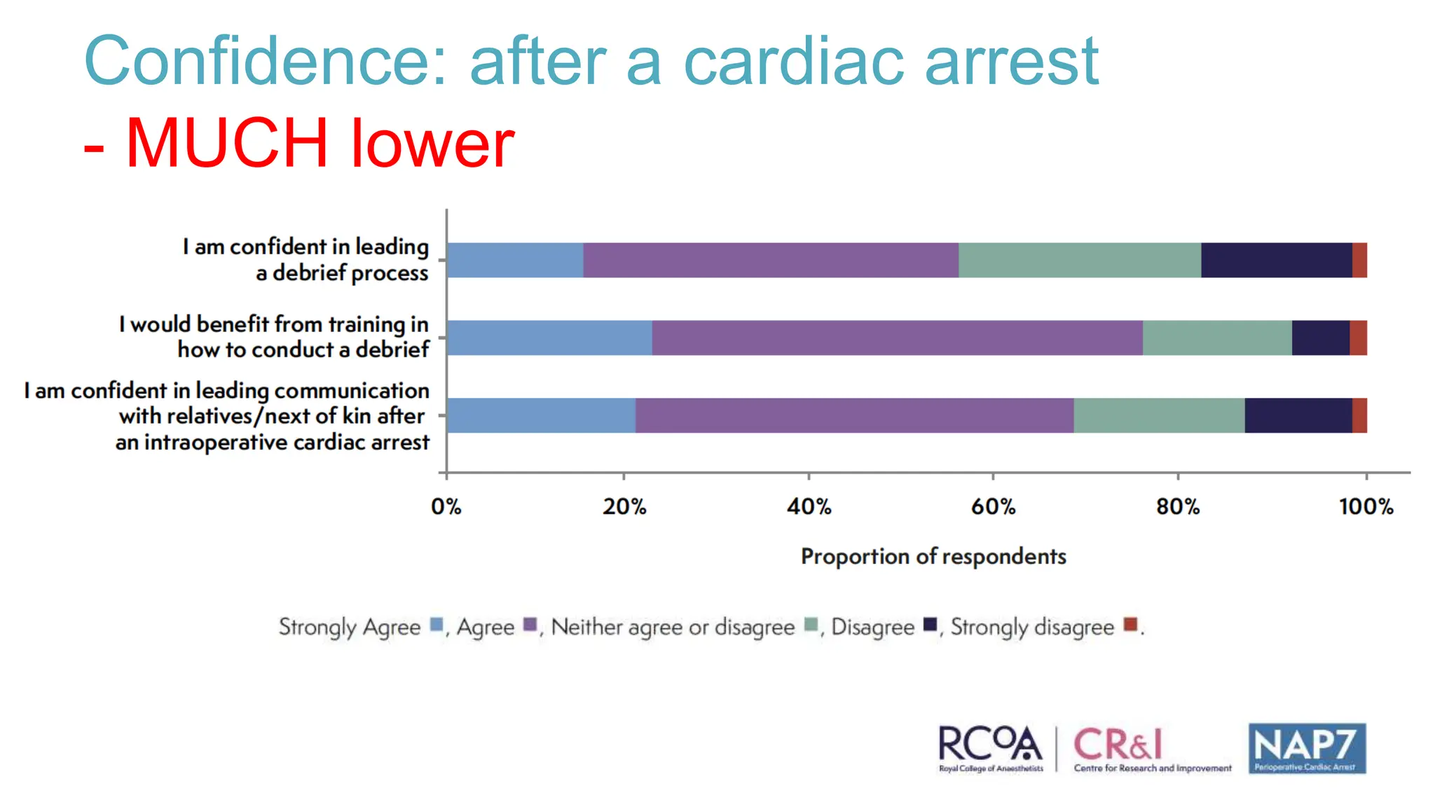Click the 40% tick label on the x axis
(x=809, y=506)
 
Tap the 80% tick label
(x=1178, y=506)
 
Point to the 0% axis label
(x=446, y=506)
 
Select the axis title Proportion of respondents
(x=933, y=556)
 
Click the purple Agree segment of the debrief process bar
(x=771, y=261)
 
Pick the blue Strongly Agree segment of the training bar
(x=549, y=338)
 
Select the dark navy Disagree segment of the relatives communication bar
(x=1298, y=415)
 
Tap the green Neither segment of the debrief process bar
(x=1079, y=261)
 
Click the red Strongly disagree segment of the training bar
(x=1358, y=338)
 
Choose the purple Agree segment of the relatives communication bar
(x=854, y=415)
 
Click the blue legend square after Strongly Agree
(x=437, y=624)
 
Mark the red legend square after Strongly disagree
(x=1130, y=624)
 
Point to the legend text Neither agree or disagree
(x=673, y=627)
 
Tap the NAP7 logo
(x=1307, y=748)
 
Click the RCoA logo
(x=990, y=748)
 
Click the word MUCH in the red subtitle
(x=227, y=144)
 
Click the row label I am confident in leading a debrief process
(x=305, y=260)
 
